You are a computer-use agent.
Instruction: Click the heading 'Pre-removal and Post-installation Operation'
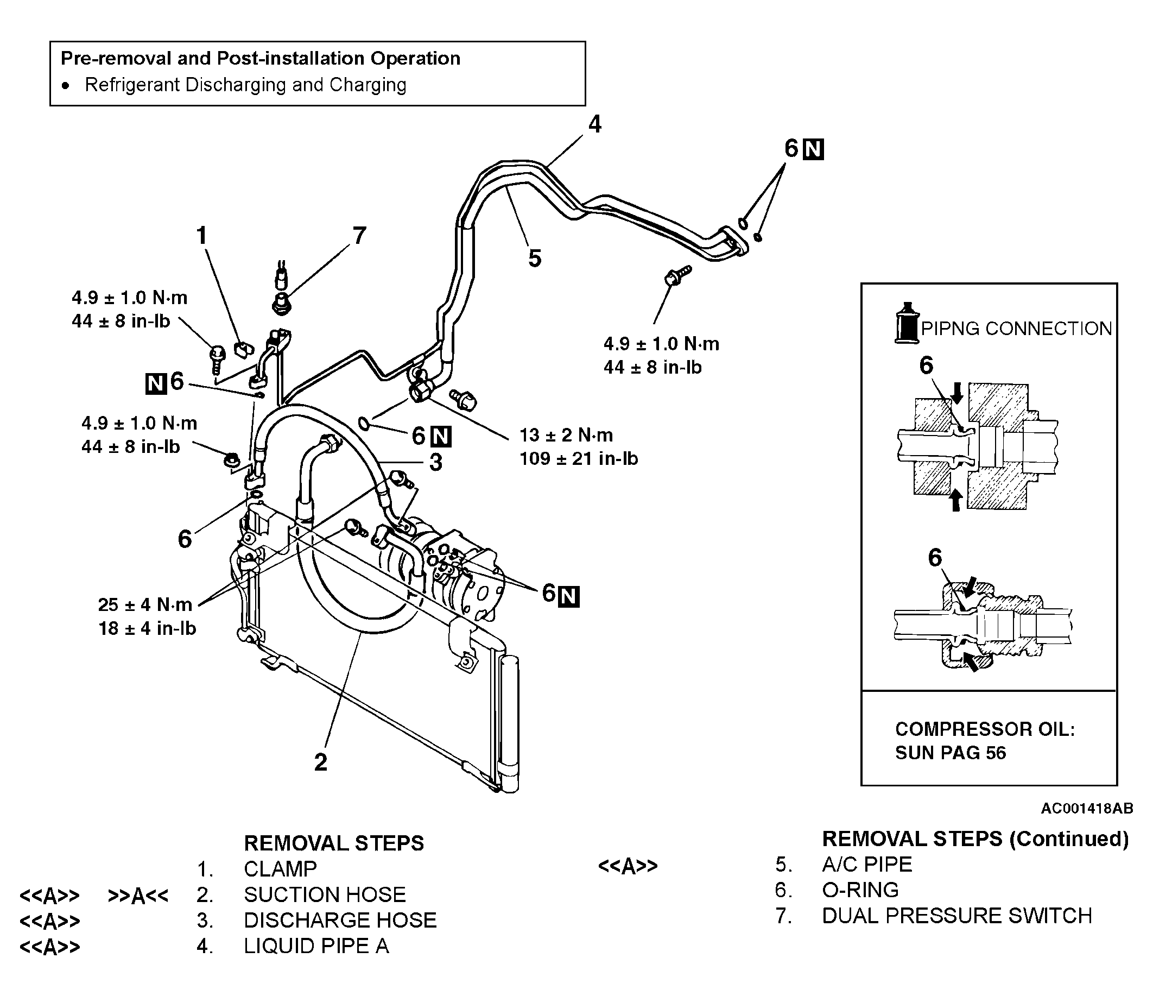(x=261, y=59)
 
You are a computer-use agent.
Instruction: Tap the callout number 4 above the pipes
(x=595, y=124)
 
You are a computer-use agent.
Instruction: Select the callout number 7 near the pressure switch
(x=359, y=236)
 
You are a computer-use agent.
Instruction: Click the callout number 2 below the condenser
(x=320, y=762)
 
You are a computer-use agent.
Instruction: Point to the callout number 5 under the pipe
(x=535, y=259)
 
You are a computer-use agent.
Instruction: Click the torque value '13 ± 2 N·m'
(x=566, y=435)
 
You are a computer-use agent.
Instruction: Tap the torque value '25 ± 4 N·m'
(x=145, y=604)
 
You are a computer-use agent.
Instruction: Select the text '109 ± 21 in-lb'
(x=579, y=459)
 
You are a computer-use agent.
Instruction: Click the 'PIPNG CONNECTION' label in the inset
(x=1016, y=329)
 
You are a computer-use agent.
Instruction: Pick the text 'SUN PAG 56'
(x=951, y=753)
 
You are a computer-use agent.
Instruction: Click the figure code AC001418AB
(x=1087, y=809)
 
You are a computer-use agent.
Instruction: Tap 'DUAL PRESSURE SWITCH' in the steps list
(x=957, y=916)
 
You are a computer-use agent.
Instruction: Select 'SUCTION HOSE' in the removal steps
(x=325, y=894)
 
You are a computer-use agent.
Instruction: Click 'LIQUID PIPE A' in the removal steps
(x=316, y=946)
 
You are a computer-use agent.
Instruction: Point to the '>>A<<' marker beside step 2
(x=138, y=896)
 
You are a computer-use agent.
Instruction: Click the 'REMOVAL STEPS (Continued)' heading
(x=975, y=839)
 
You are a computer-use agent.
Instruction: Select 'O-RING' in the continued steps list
(x=860, y=890)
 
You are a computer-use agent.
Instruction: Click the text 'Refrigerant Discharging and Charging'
(x=245, y=85)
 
